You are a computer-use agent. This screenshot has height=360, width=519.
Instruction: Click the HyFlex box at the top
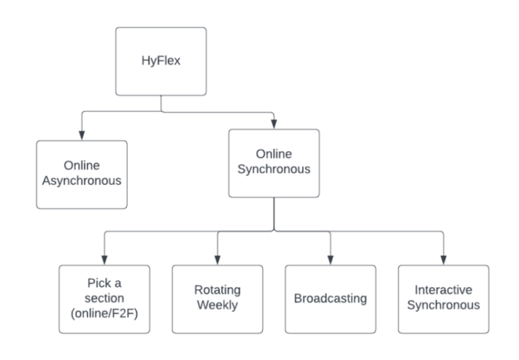(160, 61)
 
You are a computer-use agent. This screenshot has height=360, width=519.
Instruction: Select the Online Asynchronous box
(82, 174)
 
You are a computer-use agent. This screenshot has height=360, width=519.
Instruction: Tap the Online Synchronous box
(274, 163)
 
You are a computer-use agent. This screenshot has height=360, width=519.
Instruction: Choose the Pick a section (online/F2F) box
(103, 299)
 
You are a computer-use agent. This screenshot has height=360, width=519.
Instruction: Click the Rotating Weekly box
(216, 299)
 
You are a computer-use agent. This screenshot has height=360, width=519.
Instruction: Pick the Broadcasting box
(330, 299)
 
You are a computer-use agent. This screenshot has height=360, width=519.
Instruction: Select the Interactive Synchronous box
(443, 299)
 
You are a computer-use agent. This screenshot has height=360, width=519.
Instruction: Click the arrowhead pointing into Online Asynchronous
(82, 135)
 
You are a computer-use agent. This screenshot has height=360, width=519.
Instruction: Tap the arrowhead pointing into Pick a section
(103, 259)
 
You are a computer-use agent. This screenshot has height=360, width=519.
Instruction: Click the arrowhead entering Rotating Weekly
(216, 259)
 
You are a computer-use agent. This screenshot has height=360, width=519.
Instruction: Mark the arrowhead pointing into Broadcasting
(330, 259)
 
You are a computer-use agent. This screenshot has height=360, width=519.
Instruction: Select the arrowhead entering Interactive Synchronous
(443, 259)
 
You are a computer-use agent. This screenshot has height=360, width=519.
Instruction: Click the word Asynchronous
(82, 182)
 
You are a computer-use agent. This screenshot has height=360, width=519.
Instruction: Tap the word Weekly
(216, 305)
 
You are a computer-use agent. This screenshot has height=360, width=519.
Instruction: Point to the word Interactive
(443, 290)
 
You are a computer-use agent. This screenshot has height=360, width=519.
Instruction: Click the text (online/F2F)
(103, 313)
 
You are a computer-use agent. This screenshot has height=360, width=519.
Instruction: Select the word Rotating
(216, 290)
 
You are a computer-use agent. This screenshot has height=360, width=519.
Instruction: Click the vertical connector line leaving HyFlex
(160, 103)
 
